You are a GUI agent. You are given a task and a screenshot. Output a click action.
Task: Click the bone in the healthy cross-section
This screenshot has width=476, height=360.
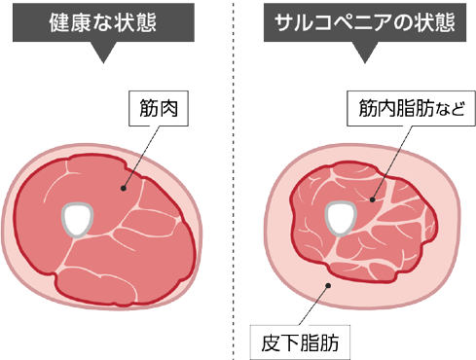click(x=77, y=218)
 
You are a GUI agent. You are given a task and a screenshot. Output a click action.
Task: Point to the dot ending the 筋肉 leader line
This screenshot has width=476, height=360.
click(x=123, y=189)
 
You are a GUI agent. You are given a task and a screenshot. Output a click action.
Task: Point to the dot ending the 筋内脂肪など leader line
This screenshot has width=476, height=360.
click(x=373, y=201)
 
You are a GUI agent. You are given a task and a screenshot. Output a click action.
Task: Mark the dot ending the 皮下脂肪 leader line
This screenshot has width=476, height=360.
click(x=331, y=284)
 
